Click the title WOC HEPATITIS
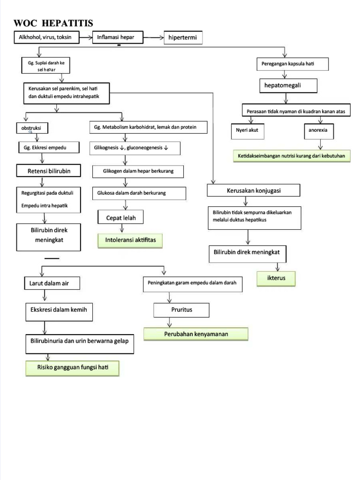pos(53,23)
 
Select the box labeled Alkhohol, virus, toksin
pos(45,37)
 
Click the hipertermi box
pos(183,38)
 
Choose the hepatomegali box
pos(288,86)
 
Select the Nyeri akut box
pos(247,131)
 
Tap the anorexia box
pos(318,131)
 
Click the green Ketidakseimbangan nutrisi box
pos(292,156)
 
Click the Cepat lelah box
pos(120,217)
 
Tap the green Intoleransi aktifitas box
pos(127,240)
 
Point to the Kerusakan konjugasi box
pos(253,191)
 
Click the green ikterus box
pos(277,278)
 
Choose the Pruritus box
pos(181,310)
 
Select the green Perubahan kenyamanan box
pos(195,334)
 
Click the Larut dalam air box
pos(52,283)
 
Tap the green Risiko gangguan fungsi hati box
pos(72,368)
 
